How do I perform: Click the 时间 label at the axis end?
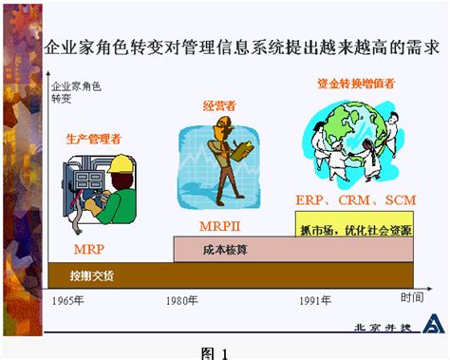[411, 298]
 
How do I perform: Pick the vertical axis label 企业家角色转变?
[75, 92]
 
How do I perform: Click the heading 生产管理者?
[93, 138]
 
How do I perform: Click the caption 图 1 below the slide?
[216, 352]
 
